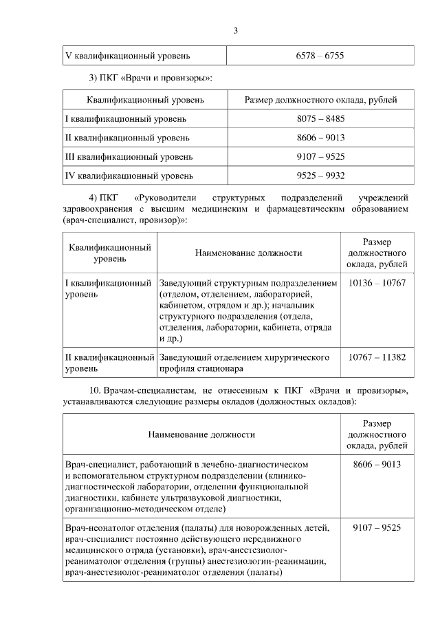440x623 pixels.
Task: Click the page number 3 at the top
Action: pyautogui.click(x=236, y=30)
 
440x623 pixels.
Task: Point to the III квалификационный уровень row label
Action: pyautogui.click(x=129, y=156)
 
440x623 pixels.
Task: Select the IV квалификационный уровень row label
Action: pyautogui.click(x=129, y=176)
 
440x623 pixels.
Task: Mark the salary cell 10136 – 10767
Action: pyautogui.click(x=377, y=283)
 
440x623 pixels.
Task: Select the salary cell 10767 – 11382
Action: pyautogui.click(x=377, y=357)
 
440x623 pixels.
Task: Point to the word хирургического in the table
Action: pyautogui.click(x=297, y=357)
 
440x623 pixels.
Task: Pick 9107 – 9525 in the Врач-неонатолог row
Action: pyautogui.click(x=377, y=528)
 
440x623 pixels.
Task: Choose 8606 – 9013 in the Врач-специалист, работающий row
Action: pyautogui.click(x=377, y=465)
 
